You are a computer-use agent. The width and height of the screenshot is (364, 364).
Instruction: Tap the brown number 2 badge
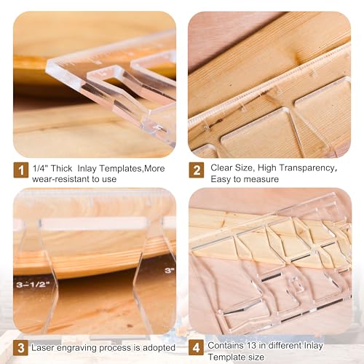(196, 170)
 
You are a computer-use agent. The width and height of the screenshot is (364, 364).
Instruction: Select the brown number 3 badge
(21, 348)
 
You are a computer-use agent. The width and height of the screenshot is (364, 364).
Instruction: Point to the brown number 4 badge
(196, 348)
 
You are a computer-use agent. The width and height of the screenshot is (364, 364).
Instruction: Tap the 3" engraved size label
(169, 269)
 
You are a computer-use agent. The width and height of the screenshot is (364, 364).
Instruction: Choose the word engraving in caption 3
(80, 347)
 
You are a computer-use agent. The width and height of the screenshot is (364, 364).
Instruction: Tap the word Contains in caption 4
(225, 345)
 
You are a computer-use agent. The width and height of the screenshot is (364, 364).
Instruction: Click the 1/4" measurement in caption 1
(40, 166)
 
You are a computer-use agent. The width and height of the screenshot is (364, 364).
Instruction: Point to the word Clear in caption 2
(221, 167)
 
